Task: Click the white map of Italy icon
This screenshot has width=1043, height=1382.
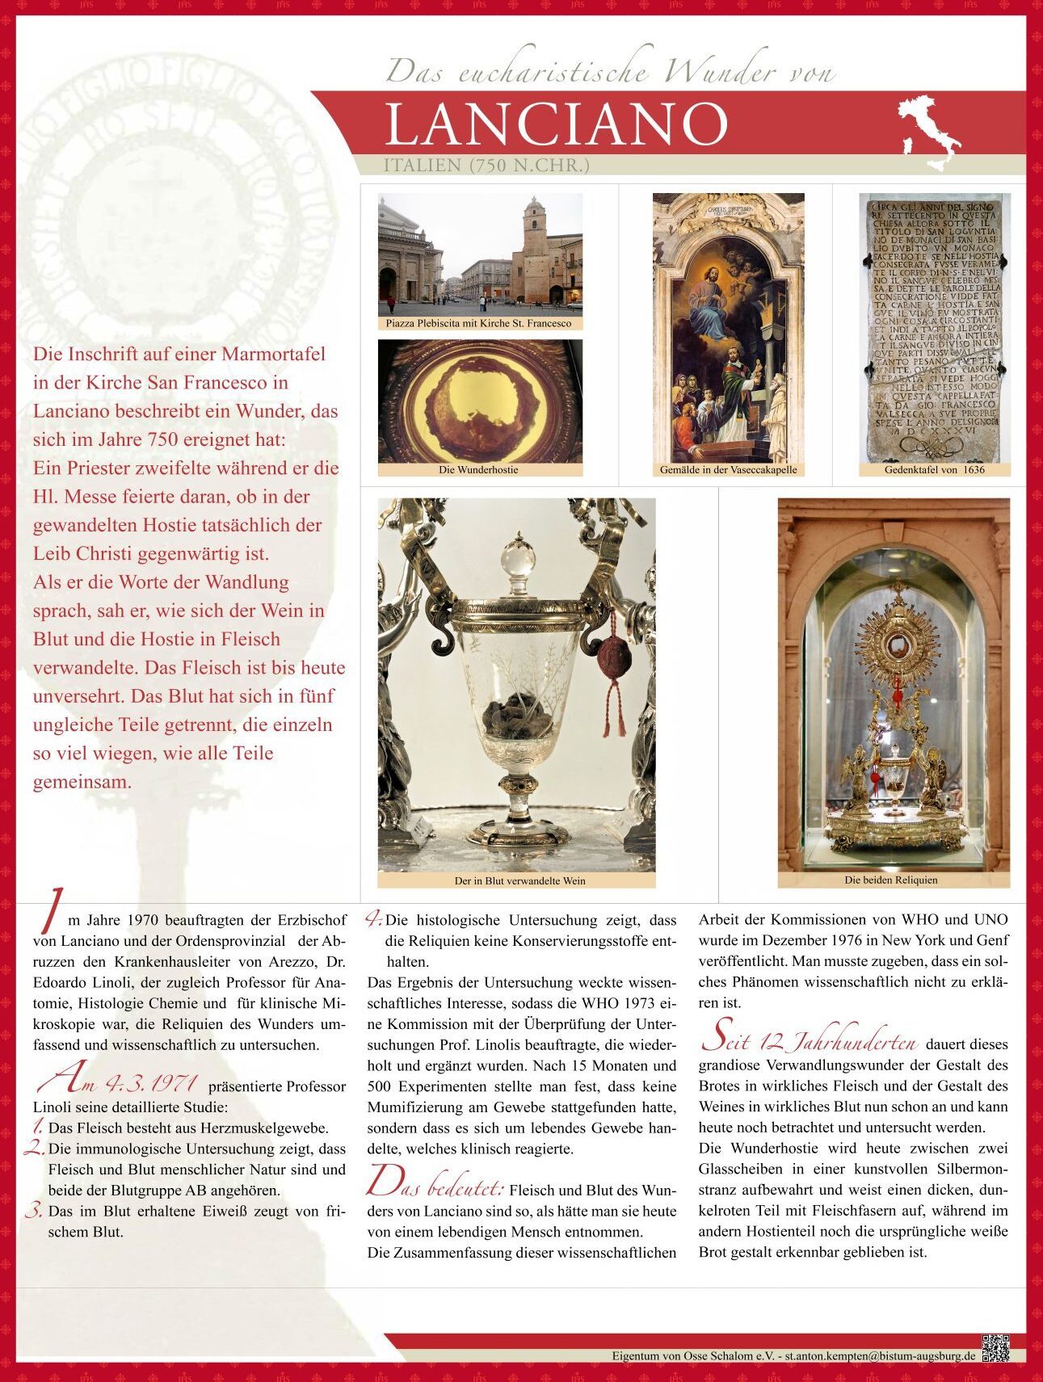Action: pyautogui.click(x=929, y=132)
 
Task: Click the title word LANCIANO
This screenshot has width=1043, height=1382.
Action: pyautogui.click(x=556, y=124)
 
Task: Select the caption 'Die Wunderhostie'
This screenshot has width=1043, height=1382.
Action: pyautogui.click(x=479, y=469)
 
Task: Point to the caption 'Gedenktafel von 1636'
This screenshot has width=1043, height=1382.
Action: pyautogui.click(x=934, y=469)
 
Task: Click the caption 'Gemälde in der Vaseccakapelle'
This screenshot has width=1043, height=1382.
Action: pyautogui.click(x=728, y=469)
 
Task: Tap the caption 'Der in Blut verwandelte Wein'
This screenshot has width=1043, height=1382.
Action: pyautogui.click(x=519, y=880)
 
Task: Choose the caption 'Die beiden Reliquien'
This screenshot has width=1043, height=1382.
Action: pyautogui.click(x=891, y=880)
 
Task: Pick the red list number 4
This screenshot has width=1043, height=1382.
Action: pyautogui.click(x=373, y=918)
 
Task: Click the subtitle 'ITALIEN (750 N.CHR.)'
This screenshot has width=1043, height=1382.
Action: pyautogui.click(x=486, y=166)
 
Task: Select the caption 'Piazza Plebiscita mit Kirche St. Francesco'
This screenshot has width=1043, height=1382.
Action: pyautogui.click(x=478, y=323)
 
